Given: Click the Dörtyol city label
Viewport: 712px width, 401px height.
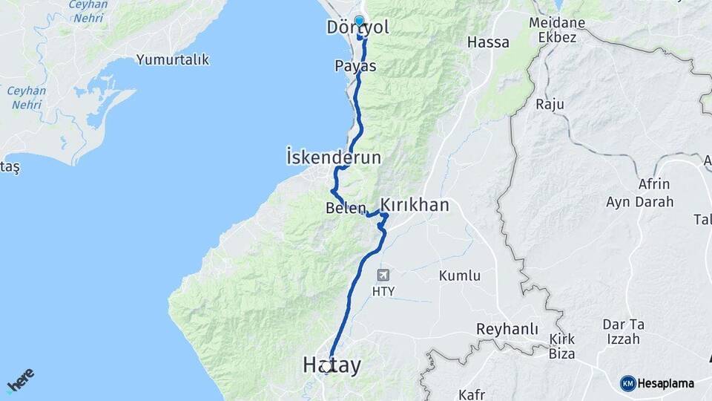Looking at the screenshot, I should tap(357, 28).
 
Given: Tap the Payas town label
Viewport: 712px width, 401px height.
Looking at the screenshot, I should tap(356, 66).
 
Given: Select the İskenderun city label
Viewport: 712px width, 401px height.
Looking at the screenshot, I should tap(334, 157).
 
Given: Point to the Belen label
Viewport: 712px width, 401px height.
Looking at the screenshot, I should tap(342, 209).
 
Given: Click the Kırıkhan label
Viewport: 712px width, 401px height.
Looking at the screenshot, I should tap(415, 205).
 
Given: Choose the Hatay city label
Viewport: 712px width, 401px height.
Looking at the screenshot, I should tap(332, 365).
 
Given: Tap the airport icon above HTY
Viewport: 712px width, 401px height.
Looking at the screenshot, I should tap(383, 276).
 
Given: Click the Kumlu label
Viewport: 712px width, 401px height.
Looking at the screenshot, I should tap(460, 276).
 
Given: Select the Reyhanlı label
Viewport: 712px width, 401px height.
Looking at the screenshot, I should tap(507, 329).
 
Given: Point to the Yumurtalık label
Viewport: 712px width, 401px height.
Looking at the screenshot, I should tap(173, 60).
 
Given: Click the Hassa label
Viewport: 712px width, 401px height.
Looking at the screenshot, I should tap(489, 42).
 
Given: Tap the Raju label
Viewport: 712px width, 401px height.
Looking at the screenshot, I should tap(549, 104).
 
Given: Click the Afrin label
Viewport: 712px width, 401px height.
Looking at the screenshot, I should tap(653, 184).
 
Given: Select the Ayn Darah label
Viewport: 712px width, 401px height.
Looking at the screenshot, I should tap(640, 201).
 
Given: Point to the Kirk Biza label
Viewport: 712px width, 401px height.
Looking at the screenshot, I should tap(562, 346).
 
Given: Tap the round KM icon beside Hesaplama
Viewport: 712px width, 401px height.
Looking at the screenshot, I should tap(628, 383).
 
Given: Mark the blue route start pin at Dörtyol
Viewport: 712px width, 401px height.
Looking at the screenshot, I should tap(360, 22).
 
